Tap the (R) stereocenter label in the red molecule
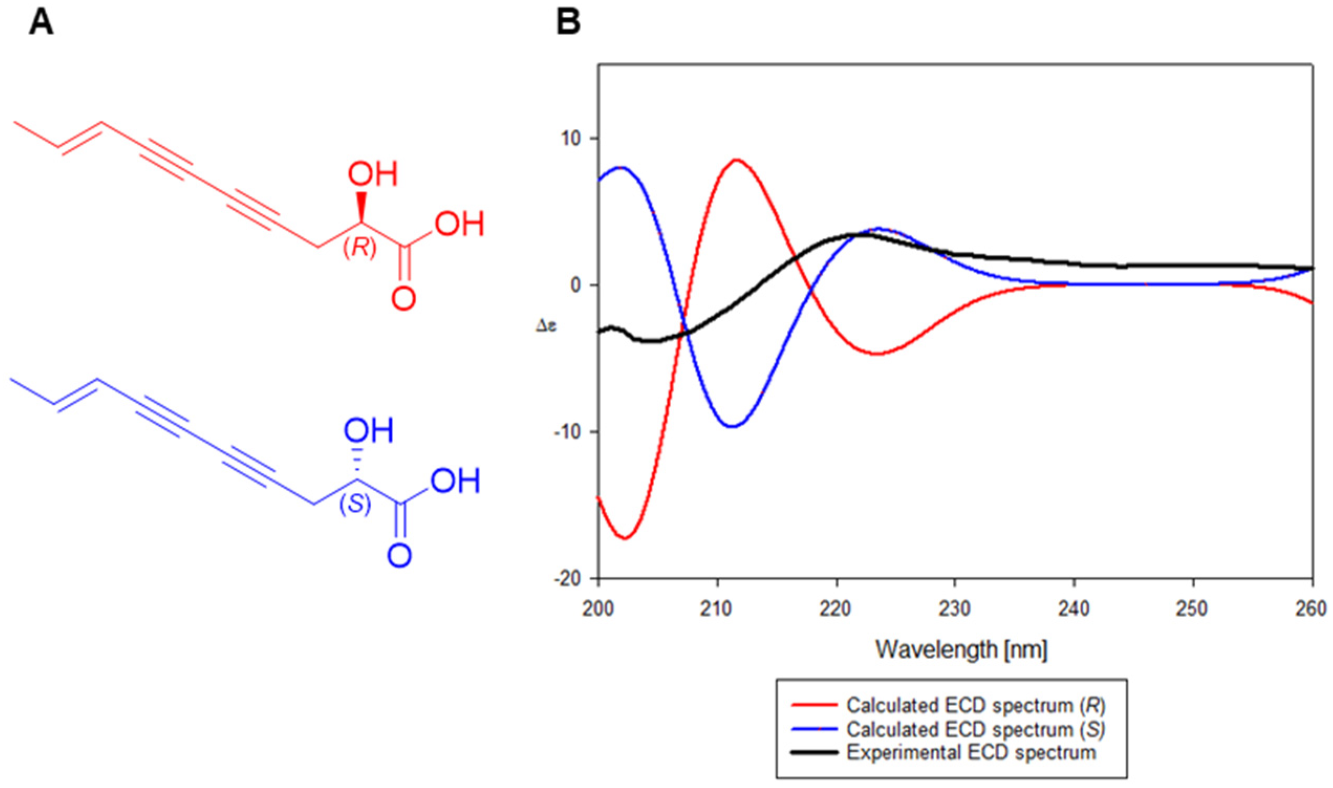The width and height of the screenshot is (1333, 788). click(x=361, y=248)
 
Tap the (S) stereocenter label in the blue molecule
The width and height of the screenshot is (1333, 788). click(x=355, y=505)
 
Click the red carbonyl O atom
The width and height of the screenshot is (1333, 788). click(x=404, y=299)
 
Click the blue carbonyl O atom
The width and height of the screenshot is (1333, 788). click(x=399, y=556)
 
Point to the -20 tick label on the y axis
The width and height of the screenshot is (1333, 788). click(x=568, y=579)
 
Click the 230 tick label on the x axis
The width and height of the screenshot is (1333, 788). click(x=955, y=609)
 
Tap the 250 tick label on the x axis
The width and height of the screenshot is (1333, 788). click(x=1194, y=609)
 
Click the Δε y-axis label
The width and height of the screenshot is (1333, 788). click(x=546, y=326)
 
